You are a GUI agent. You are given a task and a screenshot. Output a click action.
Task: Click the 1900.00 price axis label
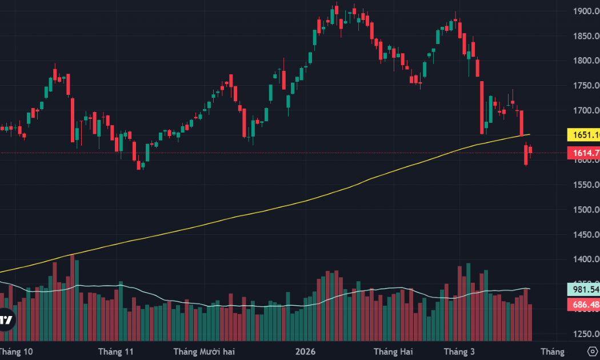click(x=586, y=11)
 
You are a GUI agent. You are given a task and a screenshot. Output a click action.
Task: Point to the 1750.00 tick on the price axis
click(x=586, y=85)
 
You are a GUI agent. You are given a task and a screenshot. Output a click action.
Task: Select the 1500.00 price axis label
click(x=586, y=209)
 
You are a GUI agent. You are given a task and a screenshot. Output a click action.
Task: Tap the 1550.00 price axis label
click(x=586, y=185)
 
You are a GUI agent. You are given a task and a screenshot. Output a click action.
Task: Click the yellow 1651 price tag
click(x=583, y=135)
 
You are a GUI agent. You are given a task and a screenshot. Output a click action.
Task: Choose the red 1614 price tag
click(x=583, y=153)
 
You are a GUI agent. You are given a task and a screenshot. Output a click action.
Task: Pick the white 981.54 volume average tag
click(x=583, y=289)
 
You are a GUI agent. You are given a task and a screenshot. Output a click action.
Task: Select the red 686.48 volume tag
click(x=583, y=305)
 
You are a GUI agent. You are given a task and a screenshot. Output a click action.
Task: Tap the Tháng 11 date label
click(x=115, y=351)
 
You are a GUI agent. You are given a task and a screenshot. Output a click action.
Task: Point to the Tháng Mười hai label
click(x=205, y=351)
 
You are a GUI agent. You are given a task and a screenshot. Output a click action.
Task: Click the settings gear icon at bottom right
click(x=592, y=350)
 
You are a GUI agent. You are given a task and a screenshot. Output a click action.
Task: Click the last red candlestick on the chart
click(x=530, y=151)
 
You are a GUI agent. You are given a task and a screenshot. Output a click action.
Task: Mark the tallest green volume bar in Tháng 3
click(x=469, y=302)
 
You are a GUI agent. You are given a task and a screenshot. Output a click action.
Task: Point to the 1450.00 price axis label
click(x=586, y=234)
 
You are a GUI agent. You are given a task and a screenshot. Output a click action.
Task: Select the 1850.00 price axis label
click(x=586, y=35)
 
